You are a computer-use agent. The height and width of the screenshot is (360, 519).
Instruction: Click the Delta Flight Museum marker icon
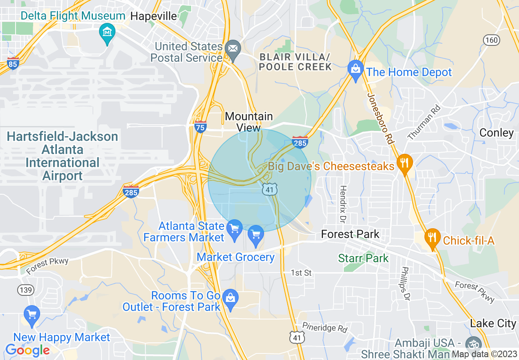coord(107,31)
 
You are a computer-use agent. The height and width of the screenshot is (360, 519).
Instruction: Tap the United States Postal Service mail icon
coord(233,49)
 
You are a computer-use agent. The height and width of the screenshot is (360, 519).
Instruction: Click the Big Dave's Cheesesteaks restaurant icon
coord(405,162)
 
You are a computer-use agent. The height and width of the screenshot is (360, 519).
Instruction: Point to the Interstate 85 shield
coord(13,63)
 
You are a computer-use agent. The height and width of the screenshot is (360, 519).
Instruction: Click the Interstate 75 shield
coord(200,127)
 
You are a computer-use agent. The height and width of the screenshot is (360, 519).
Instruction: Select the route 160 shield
coord(490,40)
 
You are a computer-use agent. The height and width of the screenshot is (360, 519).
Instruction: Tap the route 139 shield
coord(25,290)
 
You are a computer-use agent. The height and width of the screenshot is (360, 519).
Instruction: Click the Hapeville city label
coord(153,16)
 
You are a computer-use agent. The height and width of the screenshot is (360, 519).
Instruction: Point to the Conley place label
coord(496,133)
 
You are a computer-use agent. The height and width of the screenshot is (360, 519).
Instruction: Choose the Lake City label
coord(493,323)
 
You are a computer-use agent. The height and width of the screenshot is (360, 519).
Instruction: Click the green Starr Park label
coord(363,258)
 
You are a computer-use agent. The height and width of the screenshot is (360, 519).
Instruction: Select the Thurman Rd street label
coord(424,122)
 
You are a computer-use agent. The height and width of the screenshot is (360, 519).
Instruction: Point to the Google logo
coord(27,350)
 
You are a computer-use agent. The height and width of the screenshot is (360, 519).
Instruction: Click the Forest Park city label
coord(350,234)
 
